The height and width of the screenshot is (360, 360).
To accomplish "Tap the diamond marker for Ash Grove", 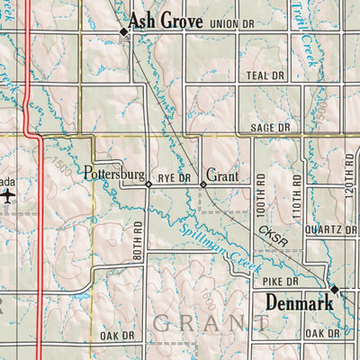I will tap(124, 33).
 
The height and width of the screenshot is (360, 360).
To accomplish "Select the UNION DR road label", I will tap(231, 23).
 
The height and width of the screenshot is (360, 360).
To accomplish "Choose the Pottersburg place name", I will tap(114, 172).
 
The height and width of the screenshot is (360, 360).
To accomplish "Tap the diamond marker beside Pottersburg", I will tap(148, 184).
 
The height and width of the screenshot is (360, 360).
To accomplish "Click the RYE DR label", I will tap(175, 178).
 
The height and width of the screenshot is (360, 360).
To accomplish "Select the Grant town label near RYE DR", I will tap(222, 175).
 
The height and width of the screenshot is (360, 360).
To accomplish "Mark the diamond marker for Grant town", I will tap(203, 184).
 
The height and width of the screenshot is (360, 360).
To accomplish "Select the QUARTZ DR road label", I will tap(330, 229).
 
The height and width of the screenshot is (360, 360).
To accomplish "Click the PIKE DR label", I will tap(280, 282).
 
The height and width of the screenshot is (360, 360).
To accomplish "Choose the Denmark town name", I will tap(300, 303).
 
